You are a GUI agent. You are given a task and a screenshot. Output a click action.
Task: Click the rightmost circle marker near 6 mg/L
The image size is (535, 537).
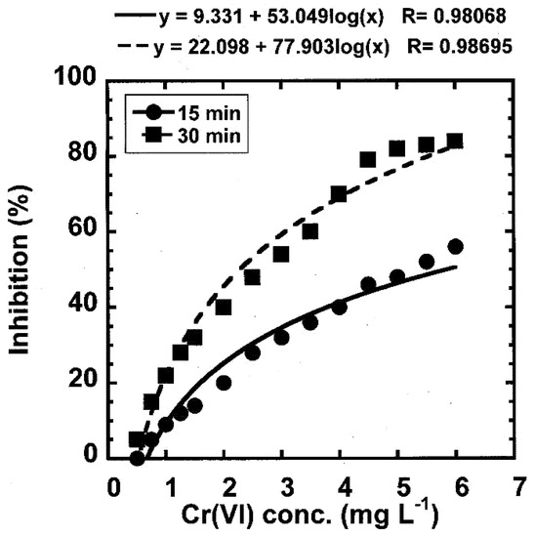pyautogui.click(x=455, y=246)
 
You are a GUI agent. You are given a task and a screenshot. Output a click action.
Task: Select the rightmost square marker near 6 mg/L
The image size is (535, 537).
pyautogui.click(x=455, y=141)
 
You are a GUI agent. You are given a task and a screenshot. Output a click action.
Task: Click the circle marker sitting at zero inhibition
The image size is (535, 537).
pyautogui.click(x=137, y=458)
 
